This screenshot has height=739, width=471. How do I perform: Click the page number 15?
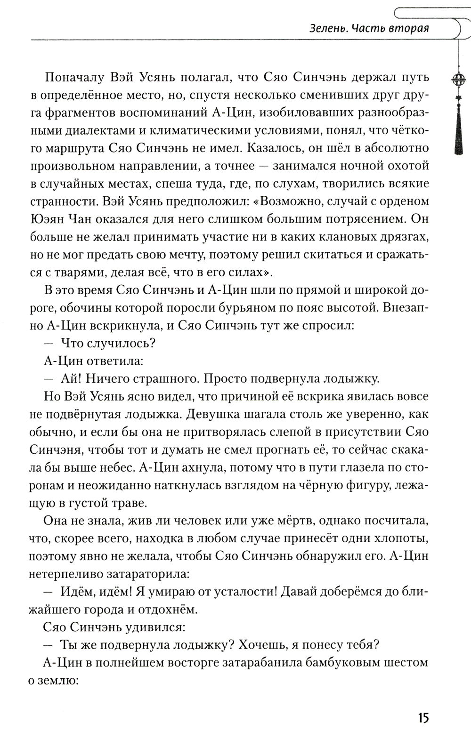click(422, 718)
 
